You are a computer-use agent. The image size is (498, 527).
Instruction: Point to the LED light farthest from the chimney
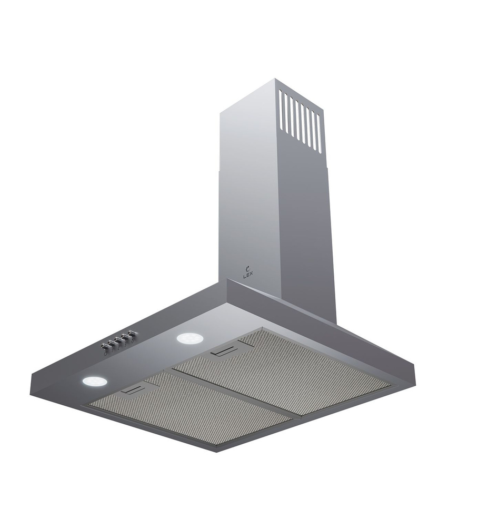94,381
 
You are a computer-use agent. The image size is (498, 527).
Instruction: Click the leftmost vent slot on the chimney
281,110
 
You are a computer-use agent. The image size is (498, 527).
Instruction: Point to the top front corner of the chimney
275,80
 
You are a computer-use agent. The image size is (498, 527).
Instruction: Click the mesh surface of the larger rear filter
295,369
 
